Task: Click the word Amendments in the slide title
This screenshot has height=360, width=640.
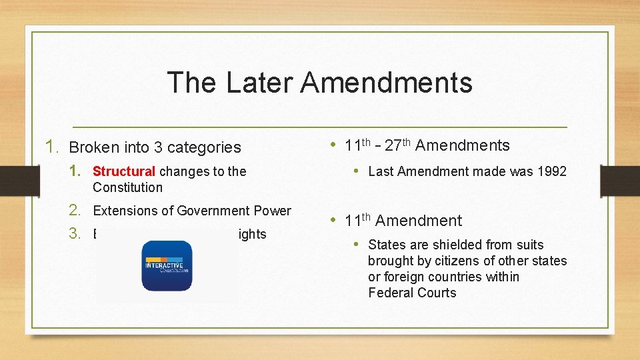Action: (386, 83)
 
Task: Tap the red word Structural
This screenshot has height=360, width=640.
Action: (124, 171)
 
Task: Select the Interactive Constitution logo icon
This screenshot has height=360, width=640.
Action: (167, 265)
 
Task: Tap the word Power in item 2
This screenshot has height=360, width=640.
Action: (273, 211)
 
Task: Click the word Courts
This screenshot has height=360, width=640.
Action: (437, 293)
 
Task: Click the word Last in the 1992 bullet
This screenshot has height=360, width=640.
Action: (381, 171)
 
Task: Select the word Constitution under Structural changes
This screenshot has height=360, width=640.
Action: (127, 187)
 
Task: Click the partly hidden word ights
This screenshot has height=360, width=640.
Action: (253, 234)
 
